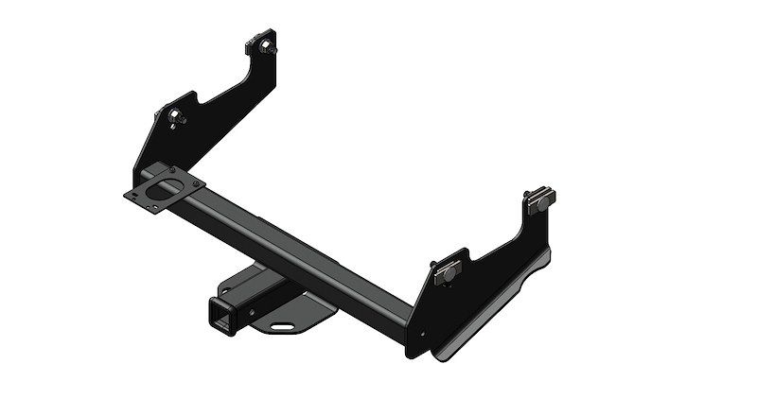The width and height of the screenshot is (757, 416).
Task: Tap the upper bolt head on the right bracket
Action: tap(540, 199)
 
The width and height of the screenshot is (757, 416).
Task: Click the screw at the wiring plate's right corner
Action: tap(195, 185)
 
